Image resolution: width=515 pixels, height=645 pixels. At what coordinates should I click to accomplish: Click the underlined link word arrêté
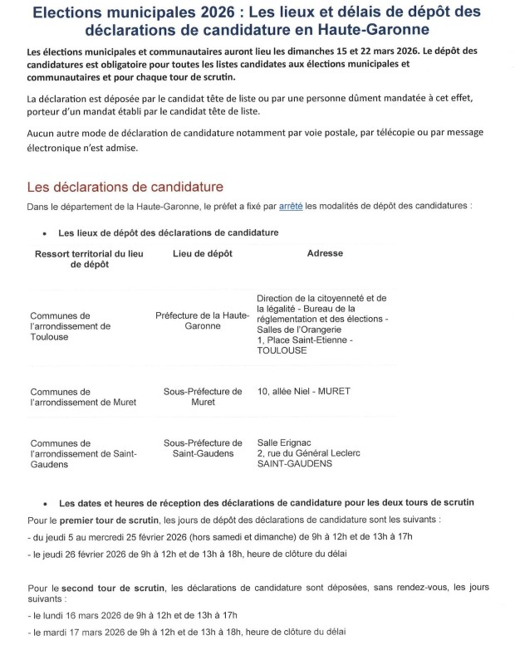(291, 205)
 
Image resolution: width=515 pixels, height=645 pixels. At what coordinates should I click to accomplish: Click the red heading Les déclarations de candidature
(125, 186)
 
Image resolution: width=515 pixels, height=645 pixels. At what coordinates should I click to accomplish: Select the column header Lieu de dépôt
(203, 253)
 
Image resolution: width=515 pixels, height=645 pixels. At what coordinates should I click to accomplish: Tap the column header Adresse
(325, 253)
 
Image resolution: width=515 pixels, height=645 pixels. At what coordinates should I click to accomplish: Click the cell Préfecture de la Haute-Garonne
(202, 321)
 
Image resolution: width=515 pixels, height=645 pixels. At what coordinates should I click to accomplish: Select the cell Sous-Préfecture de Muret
(203, 397)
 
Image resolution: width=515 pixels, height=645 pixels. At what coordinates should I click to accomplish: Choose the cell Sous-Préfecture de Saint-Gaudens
(203, 448)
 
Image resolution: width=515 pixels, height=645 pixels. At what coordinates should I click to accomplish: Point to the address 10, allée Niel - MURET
(304, 391)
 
